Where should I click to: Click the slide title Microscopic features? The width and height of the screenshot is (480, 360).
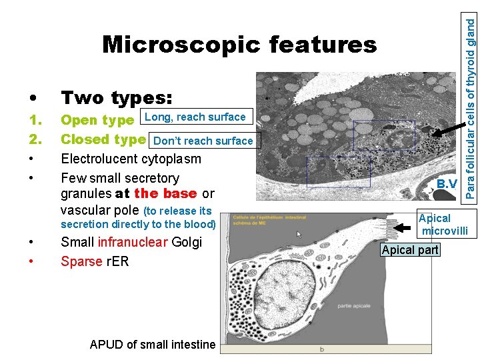pos(239,45)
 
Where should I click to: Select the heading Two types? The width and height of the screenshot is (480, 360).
pos(117,98)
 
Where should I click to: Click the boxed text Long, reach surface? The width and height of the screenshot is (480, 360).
pos(195,117)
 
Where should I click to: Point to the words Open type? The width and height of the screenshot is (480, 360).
pos(97,121)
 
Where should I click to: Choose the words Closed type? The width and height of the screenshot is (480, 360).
pos(103,140)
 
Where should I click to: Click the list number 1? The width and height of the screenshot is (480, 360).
pos(36,121)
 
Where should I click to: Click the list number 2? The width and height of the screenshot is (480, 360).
pos(36,140)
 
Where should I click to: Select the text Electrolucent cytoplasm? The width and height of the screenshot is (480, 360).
pos(131,159)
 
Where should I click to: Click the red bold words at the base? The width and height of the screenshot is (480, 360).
pos(157,194)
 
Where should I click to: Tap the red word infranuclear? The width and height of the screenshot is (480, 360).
pos(132,242)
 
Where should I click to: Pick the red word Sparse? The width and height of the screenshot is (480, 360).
pos(79,261)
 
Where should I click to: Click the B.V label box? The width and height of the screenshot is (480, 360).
pos(447,184)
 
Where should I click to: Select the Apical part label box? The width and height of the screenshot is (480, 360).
pos(409,250)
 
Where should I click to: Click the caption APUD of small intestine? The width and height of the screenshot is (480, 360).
pos(153,345)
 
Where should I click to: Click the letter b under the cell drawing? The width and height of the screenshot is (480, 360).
pos(322,349)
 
